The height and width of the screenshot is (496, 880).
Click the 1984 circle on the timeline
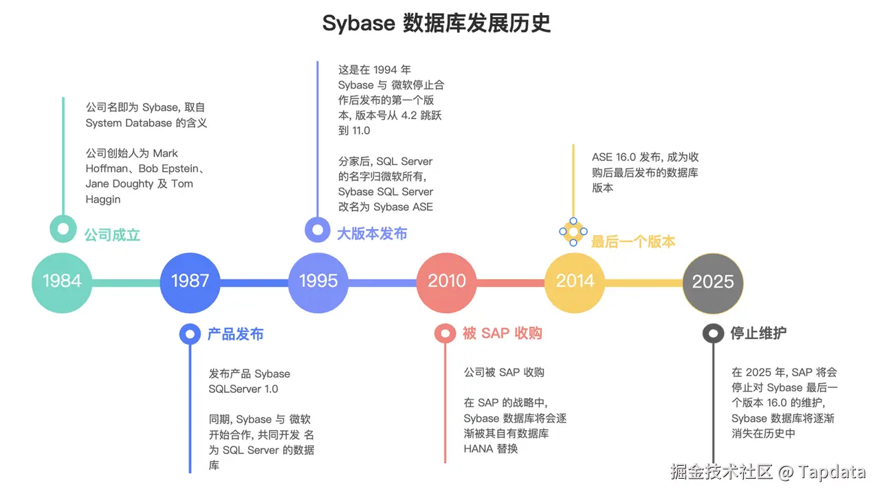[x=62, y=281]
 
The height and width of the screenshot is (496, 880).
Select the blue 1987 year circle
[x=190, y=281]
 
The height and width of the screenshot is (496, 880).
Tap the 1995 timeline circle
[x=318, y=281]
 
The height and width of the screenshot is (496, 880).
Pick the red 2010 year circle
[x=447, y=281]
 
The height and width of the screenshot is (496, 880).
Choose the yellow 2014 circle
[x=575, y=281]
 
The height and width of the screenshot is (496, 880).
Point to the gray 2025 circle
[x=713, y=281]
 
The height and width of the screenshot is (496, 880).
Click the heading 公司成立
[x=112, y=235]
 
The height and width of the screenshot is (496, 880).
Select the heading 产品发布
[x=235, y=334]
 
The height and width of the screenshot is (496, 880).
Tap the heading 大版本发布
[x=372, y=234]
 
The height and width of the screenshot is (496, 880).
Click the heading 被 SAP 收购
[x=502, y=334]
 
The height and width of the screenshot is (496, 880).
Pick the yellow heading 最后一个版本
[x=633, y=241]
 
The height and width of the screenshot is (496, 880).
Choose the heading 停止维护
[x=758, y=334]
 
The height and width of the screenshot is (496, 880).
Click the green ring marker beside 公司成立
[x=63, y=228]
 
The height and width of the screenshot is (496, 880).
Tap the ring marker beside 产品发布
[x=190, y=334]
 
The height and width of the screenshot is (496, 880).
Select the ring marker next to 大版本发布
[x=318, y=229]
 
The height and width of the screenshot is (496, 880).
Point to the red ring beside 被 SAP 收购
[x=445, y=334]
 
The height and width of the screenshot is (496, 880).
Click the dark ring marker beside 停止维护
[x=713, y=334]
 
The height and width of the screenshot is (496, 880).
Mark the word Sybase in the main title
[x=358, y=24]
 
